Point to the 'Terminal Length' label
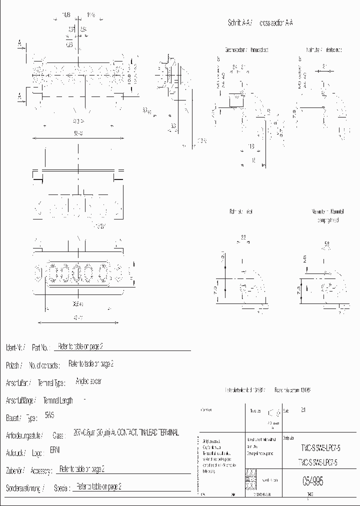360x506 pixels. tap(58, 400)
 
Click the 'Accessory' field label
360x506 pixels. tap(40, 470)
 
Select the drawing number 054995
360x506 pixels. tap(312, 481)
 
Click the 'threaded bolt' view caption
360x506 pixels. tap(259, 50)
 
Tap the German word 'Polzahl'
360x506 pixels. tap(13, 365)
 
